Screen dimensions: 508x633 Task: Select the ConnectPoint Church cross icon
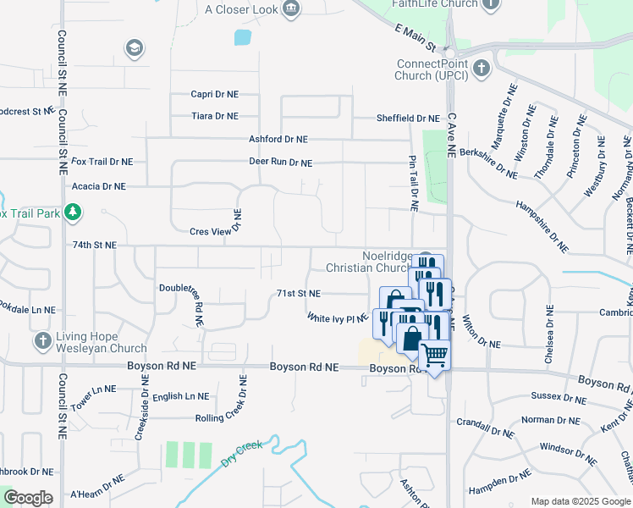pyautogui.click(x=482, y=68)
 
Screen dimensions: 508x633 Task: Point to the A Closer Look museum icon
pyautogui.click(x=292, y=8)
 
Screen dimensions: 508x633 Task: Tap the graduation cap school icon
pyautogui.click(x=134, y=48)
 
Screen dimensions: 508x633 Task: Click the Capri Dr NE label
pyautogui.click(x=214, y=95)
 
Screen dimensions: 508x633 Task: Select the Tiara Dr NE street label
pyautogui.click(x=214, y=116)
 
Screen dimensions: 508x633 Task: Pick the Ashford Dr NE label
pyautogui.click(x=278, y=139)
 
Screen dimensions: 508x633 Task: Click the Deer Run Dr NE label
pyautogui.click(x=280, y=163)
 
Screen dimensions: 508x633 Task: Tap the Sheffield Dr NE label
pyautogui.click(x=408, y=119)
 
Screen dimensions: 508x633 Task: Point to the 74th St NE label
pyautogui.click(x=94, y=245)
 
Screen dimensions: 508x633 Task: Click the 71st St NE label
pyautogui.click(x=299, y=294)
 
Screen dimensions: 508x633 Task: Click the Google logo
pyautogui.click(x=28, y=498)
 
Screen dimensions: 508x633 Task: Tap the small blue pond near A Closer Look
pyautogui.click(x=243, y=37)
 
